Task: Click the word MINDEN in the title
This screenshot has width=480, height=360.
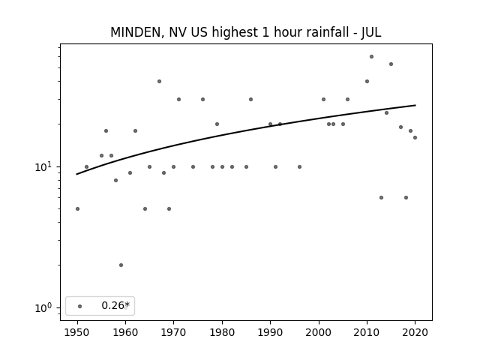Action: click(x=135, y=32)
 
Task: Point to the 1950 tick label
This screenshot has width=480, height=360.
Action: click(x=77, y=332)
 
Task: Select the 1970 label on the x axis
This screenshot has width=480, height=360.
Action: click(x=173, y=332)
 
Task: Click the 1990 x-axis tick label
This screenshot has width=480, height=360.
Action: click(x=270, y=332)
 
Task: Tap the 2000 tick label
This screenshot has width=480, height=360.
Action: click(x=318, y=332)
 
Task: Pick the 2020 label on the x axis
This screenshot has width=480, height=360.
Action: click(x=415, y=332)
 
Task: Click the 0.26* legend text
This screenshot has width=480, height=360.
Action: click(x=115, y=305)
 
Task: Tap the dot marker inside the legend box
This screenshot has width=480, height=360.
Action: click(x=80, y=306)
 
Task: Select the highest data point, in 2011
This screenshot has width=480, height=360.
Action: click(x=371, y=57)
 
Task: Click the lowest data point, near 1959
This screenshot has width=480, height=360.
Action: click(x=121, y=265)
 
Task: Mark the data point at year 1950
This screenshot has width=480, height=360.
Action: click(x=77, y=208)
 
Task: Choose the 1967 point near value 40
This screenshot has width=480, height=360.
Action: click(x=159, y=82)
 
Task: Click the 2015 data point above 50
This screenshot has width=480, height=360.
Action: click(x=391, y=64)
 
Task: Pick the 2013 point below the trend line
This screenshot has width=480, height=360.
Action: click(x=381, y=198)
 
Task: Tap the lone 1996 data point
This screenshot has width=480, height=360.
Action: click(x=299, y=166)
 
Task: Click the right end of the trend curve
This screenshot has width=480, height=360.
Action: click(x=415, y=105)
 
